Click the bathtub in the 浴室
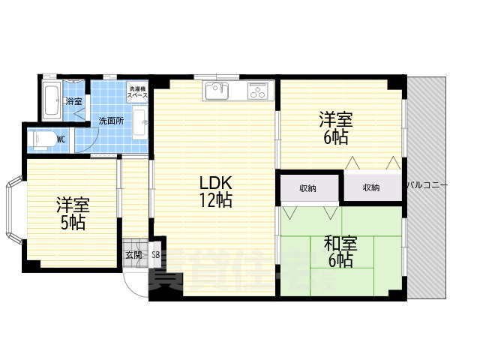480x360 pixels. point(52,101)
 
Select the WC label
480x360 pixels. point(61,138)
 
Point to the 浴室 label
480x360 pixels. point(73,100)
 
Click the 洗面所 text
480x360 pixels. point(109,120)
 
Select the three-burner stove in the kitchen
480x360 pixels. point(258,92)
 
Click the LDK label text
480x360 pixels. point(216,182)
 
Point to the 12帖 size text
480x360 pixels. point(216,200)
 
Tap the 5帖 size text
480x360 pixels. point(73,223)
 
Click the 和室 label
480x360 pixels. point(340,244)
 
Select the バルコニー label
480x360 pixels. point(427,184)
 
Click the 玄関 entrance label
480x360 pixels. point(133,255)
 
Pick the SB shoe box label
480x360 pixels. point(155,255)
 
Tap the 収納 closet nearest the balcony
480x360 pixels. point(371,187)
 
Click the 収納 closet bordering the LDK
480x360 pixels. point(307,187)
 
